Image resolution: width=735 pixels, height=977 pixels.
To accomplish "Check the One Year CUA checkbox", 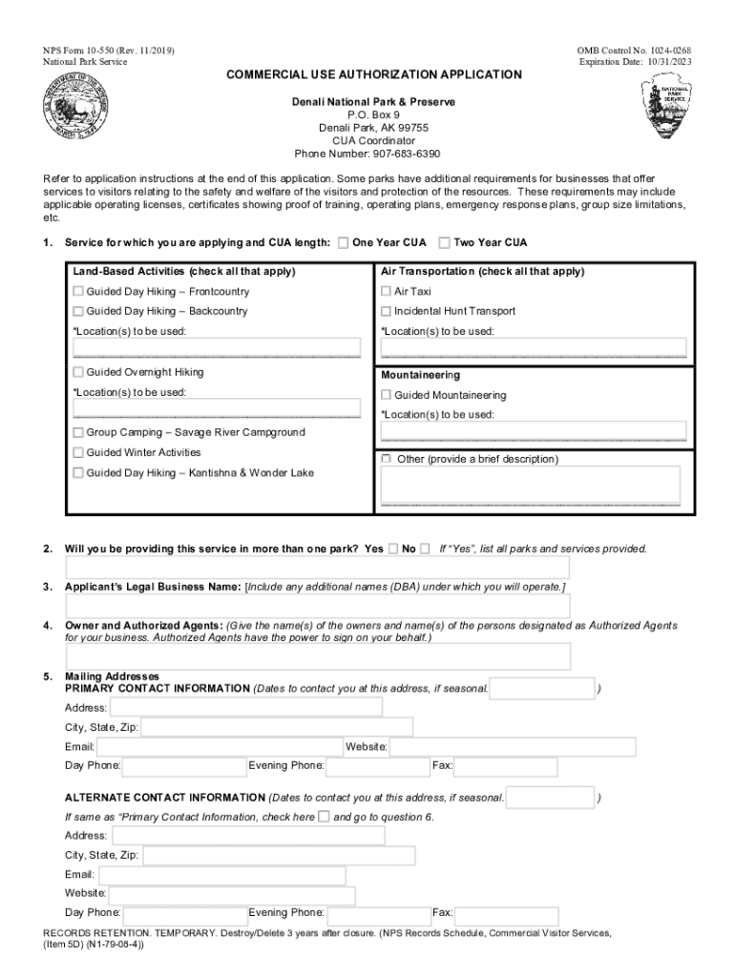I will (344, 243).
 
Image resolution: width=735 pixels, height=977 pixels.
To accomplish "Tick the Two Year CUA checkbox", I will (445, 243).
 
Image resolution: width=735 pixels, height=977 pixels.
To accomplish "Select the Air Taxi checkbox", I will (387, 291).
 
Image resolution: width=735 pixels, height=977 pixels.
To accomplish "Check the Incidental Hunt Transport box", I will (387, 311).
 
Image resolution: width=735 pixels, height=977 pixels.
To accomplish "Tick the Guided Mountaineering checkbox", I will (387, 395).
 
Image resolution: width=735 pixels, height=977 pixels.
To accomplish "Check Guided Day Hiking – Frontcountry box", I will (78, 291).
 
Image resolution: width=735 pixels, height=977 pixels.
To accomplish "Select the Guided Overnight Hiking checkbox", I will (78, 372).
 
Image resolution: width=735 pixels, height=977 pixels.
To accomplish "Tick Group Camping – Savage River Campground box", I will (78, 432).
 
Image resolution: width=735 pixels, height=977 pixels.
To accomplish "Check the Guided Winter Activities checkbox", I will (78, 452).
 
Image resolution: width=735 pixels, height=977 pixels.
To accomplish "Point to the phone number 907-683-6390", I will (367, 155).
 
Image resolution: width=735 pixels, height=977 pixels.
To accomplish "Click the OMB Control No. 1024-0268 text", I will (634, 50).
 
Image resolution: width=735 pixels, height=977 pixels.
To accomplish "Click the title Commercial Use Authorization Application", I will (373, 74).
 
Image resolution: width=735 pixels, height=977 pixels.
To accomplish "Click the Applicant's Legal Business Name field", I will (317, 607).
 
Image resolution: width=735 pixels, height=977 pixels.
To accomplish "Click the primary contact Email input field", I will (220, 746).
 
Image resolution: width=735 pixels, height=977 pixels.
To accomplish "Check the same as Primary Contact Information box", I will (324, 817).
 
